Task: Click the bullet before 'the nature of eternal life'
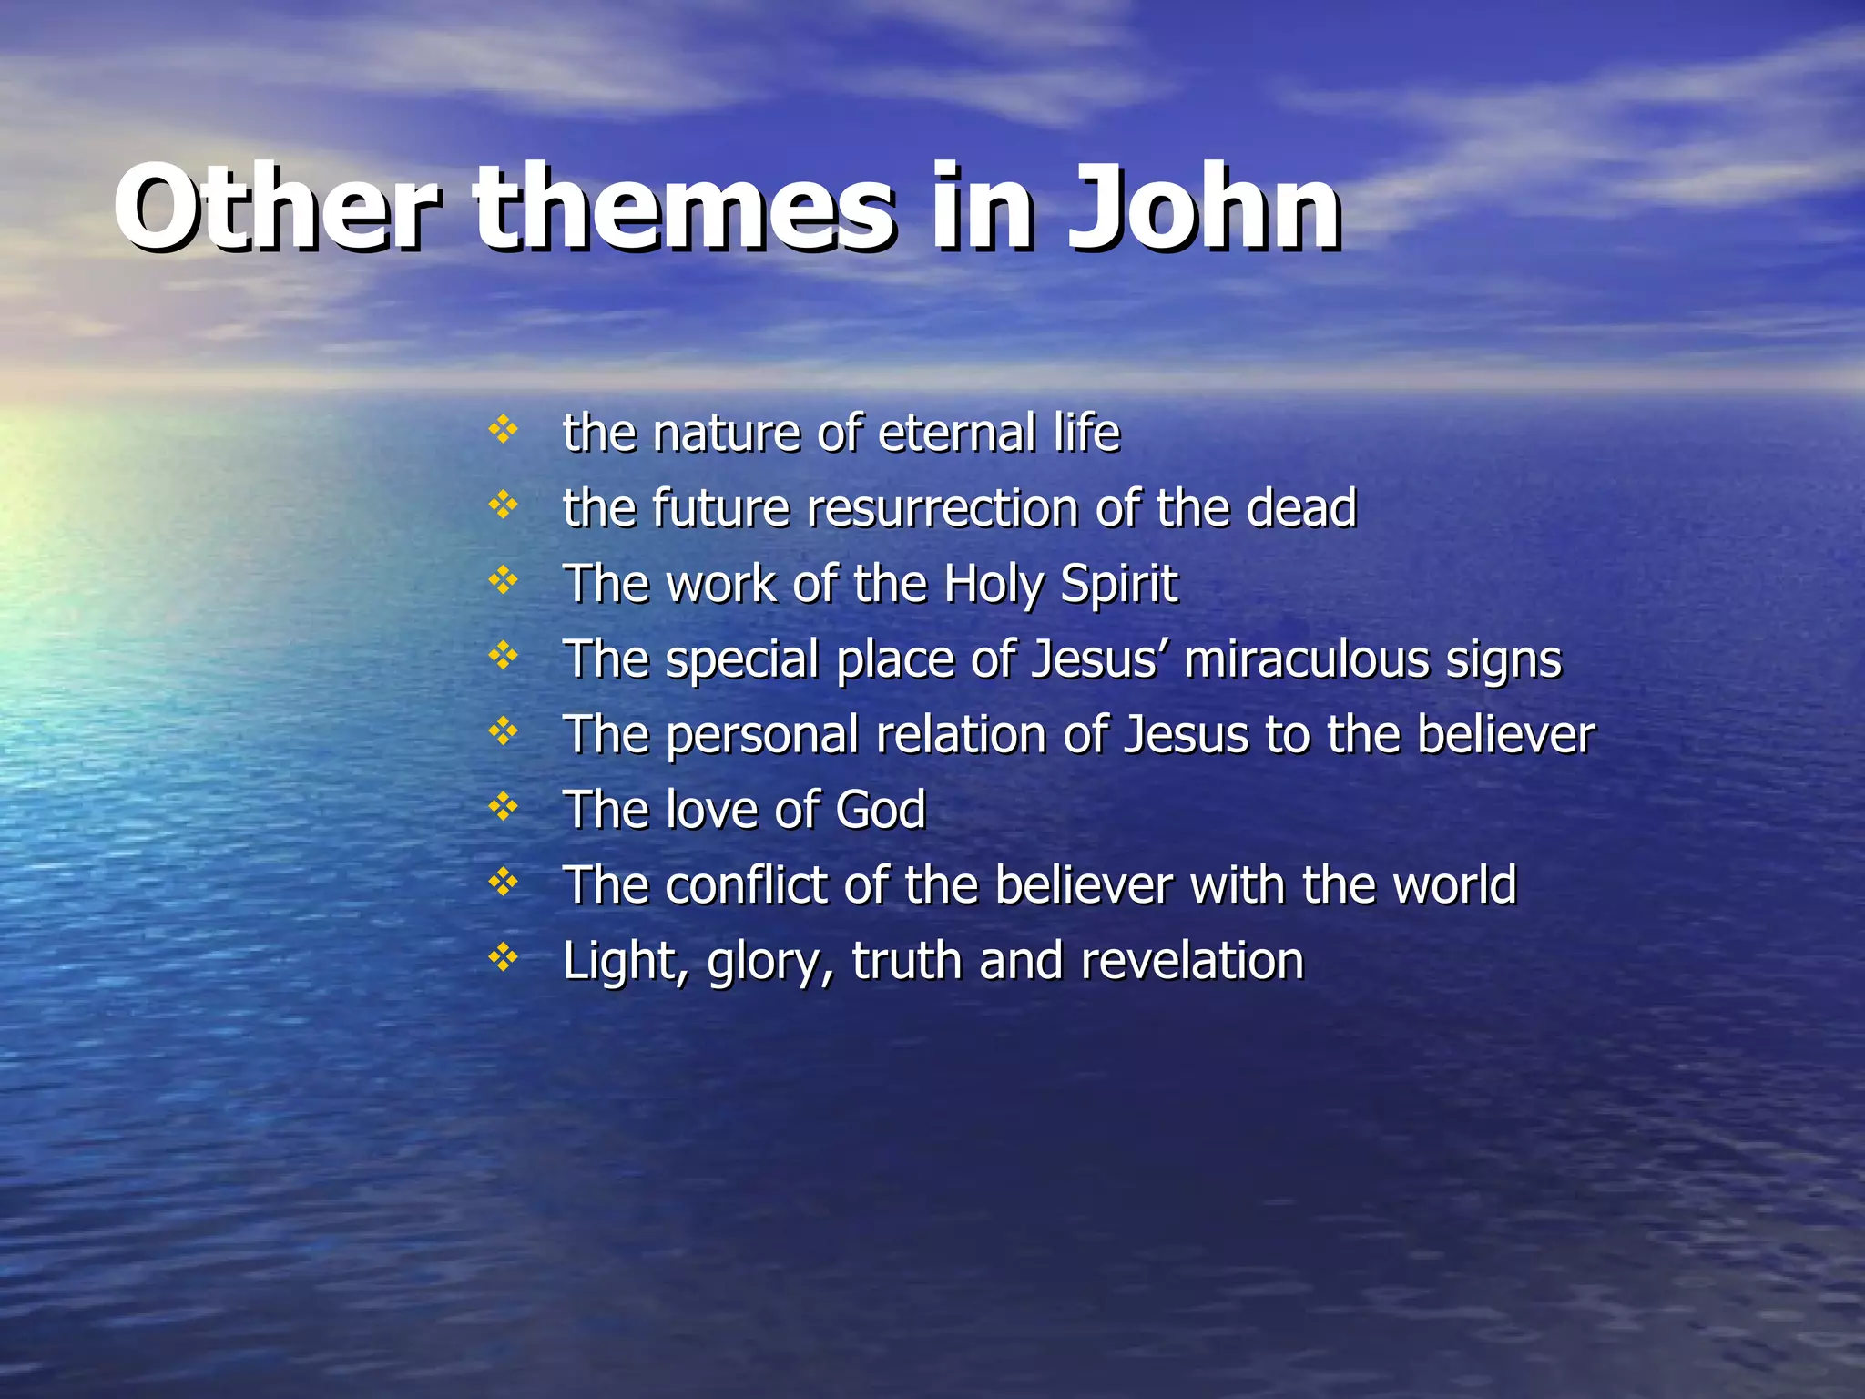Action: point(503,429)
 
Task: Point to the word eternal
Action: point(956,433)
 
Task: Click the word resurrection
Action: point(942,508)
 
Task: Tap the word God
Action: point(881,810)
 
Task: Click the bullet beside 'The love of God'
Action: point(503,806)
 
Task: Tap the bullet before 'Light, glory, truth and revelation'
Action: point(503,957)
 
